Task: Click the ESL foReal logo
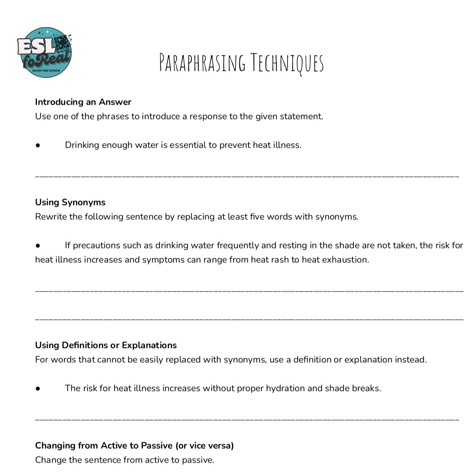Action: [45, 52]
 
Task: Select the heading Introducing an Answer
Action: [83, 102]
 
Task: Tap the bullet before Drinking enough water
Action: [38, 145]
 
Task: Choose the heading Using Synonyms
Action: [70, 202]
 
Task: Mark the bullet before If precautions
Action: [38, 246]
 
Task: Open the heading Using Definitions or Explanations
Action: [106, 345]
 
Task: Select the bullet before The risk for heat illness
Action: [38, 389]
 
